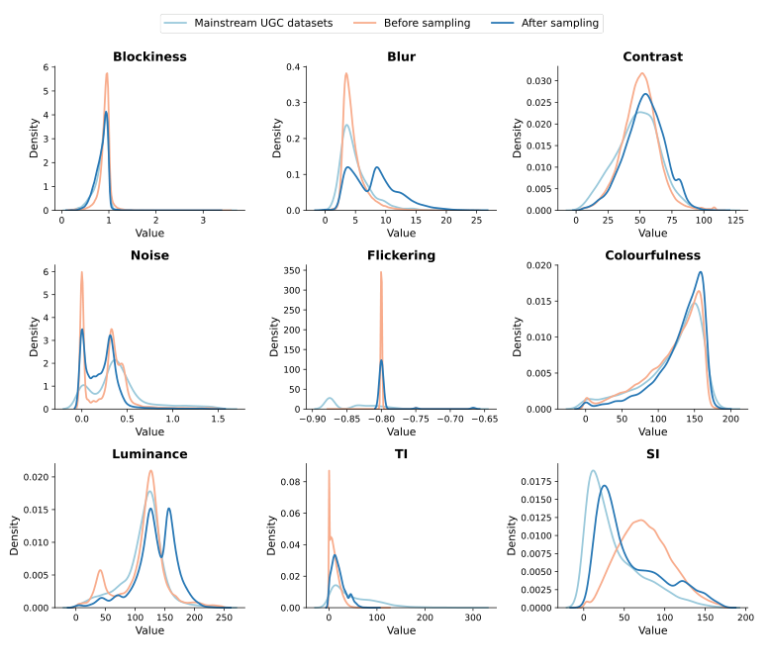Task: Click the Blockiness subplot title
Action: pyautogui.click(x=149, y=56)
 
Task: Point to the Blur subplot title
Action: pyautogui.click(x=401, y=56)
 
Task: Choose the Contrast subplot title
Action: pyautogui.click(x=652, y=56)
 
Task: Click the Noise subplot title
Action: pyautogui.click(x=149, y=255)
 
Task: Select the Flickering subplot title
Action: pyautogui.click(x=401, y=255)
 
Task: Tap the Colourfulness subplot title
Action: pyautogui.click(x=652, y=255)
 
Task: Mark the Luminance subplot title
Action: pyautogui.click(x=149, y=454)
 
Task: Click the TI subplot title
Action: pyautogui.click(x=401, y=454)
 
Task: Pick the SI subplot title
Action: pyautogui.click(x=652, y=454)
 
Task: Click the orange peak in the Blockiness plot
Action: pyautogui.click(x=107, y=74)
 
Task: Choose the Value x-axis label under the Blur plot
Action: pyautogui.click(x=401, y=233)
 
